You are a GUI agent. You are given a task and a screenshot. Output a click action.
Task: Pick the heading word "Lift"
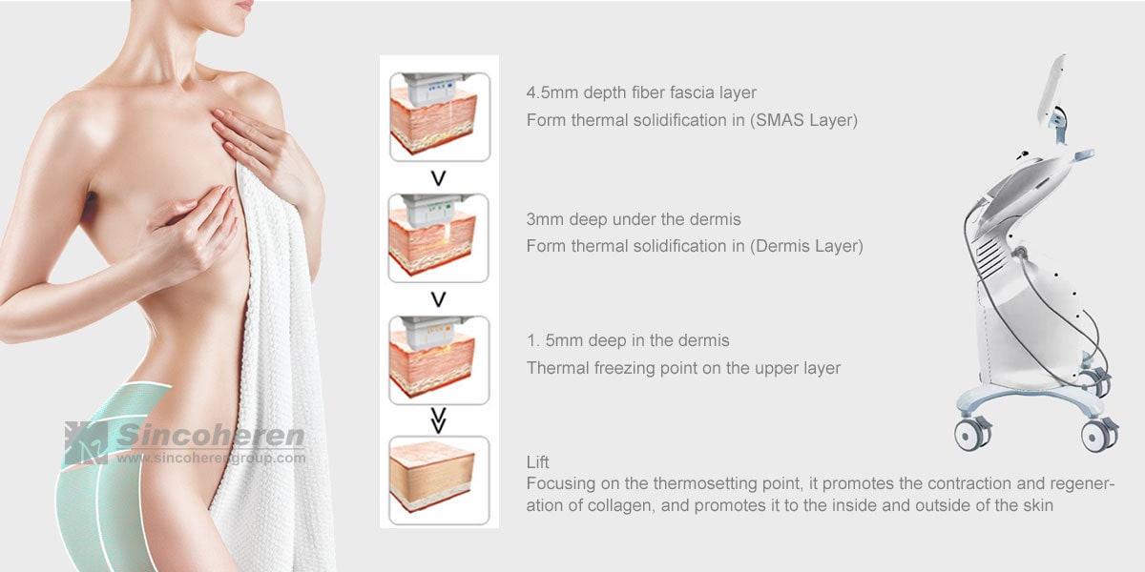coord(538,462)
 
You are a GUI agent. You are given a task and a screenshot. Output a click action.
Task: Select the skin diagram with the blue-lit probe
coord(440,116)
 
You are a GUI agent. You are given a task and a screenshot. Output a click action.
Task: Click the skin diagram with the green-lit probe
coord(439,238)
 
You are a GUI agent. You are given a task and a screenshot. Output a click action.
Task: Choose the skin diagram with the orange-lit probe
coord(439,360)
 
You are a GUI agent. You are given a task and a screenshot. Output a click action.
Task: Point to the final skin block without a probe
coord(439,480)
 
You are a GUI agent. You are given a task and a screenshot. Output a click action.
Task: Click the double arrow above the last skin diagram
coord(439,420)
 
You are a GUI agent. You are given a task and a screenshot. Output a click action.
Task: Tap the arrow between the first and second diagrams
coord(439,177)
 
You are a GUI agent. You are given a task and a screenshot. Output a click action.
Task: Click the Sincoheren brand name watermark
coord(211,437)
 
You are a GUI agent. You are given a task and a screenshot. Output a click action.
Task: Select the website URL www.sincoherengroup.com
coord(211,459)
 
